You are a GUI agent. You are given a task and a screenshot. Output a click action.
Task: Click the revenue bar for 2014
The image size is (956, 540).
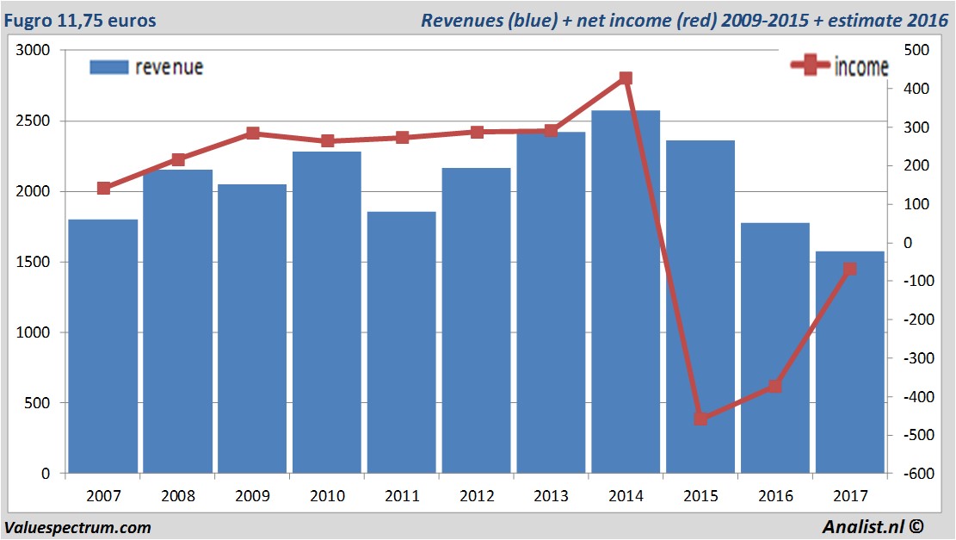pos(626,293)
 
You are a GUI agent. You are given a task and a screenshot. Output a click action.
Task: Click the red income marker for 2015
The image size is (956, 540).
pos(700,419)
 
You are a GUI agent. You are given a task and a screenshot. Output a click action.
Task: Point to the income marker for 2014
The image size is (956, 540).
pos(626,78)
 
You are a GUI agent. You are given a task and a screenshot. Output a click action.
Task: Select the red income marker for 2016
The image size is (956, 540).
pos(774,386)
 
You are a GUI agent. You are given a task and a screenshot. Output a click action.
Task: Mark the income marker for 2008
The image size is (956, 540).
pos(178,159)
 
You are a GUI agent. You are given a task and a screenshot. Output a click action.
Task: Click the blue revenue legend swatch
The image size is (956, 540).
pos(108,67)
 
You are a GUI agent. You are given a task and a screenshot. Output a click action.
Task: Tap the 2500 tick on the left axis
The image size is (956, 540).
pos(34,121)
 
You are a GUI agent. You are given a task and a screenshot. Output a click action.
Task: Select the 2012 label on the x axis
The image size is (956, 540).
pos(476,496)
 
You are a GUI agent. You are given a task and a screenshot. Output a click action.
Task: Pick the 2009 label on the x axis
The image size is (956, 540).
pos(252,496)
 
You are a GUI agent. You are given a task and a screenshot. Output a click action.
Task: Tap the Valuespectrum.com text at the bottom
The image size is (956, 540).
pos(77,527)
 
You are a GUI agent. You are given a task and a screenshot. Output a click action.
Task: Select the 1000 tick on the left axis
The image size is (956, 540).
pos(34,332)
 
